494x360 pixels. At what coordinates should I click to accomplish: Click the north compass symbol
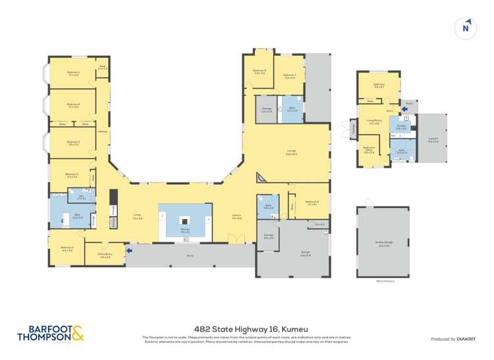tap(466, 27)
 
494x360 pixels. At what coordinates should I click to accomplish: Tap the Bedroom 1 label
tap(73, 74)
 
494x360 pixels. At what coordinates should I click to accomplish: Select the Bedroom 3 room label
tap(73, 143)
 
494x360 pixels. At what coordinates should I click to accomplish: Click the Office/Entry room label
tap(105, 256)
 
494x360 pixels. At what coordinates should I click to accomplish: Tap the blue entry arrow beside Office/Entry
tap(129, 250)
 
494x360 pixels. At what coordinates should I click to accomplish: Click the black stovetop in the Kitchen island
tap(185, 222)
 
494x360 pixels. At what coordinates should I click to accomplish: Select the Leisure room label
tap(236, 217)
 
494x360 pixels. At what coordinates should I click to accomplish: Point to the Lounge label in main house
tap(290, 153)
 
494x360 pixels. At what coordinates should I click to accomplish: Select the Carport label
tap(433, 139)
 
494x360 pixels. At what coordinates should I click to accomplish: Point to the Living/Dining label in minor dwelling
tap(373, 122)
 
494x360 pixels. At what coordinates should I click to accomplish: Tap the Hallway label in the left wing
tap(103, 131)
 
